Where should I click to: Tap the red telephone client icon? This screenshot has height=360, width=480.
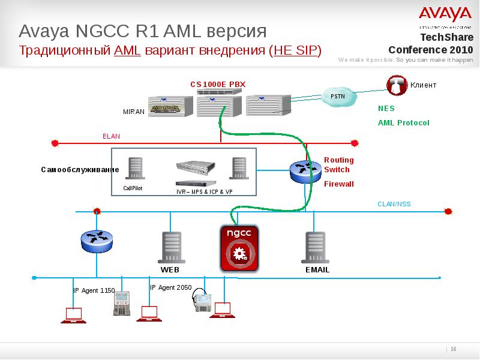click(x=397, y=85)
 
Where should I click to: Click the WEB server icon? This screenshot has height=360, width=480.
click(x=169, y=248)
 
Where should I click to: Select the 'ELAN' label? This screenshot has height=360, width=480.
click(x=112, y=136)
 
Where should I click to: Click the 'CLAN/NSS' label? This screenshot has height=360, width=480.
click(x=394, y=204)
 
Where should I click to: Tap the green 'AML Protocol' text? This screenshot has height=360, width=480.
click(x=404, y=122)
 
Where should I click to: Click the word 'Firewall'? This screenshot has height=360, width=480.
click(x=339, y=184)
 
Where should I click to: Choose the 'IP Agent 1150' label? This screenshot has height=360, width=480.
click(x=94, y=290)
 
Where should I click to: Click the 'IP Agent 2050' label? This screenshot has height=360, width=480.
click(x=170, y=287)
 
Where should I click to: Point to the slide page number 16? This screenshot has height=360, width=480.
click(x=454, y=350)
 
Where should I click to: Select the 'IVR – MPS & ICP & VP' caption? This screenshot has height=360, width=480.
click(x=204, y=191)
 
